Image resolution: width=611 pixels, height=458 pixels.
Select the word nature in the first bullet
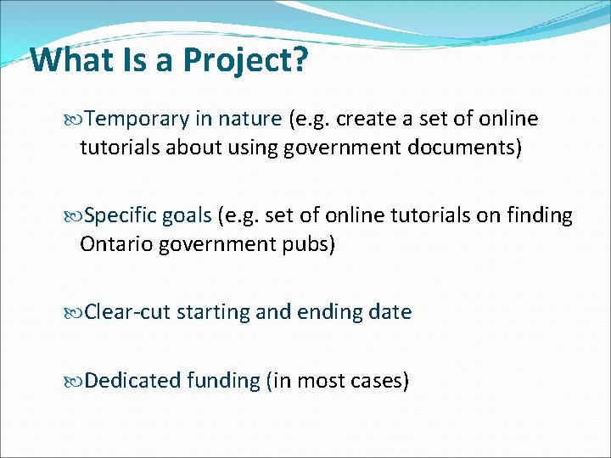(x=250, y=119)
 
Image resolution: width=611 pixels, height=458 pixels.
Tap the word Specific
(x=121, y=215)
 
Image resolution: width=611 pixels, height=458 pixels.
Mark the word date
(x=390, y=312)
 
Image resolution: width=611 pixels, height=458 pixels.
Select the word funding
(x=222, y=380)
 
